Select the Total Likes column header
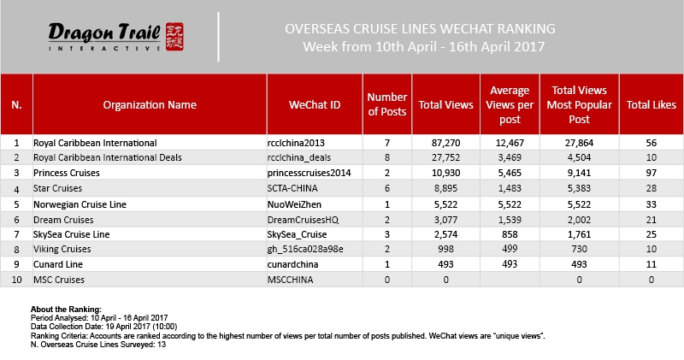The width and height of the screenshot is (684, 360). click(x=652, y=105)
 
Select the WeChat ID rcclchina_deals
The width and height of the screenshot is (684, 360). click(x=306, y=157)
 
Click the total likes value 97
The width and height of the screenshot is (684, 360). click(x=652, y=173)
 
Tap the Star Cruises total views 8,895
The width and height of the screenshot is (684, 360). click(x=448, y=189)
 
